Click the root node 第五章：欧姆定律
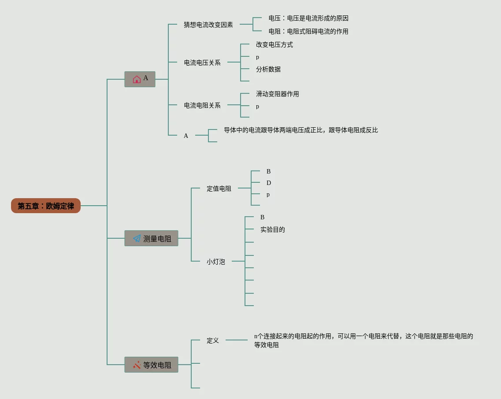tap(46, 206)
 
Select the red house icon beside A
tap(137, 79)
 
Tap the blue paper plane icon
tap(137, 238)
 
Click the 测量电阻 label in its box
tap(157, 239)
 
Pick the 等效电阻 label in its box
tap(157, 365)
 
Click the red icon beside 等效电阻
tap(137, 365)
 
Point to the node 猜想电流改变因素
tap(208, 25)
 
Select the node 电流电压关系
tap(202, 63)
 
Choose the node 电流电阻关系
tap(202, 105)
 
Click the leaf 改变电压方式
tap(275, 45)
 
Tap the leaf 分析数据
tap(268, 69)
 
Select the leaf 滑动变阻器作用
tap(277, 94)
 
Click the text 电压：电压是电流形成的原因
tap(308, 18)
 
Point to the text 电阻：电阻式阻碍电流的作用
tap(308, 31)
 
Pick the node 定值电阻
tap(219, 188)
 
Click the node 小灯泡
tap(215, 262)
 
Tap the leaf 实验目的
tap(273, 229)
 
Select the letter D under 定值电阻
tap(269, 183)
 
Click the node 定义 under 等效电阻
tap(213, 340)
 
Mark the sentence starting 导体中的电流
tap(301, 130)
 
